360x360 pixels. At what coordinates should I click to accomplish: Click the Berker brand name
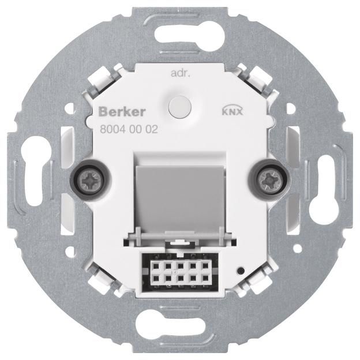(x=122, y=112)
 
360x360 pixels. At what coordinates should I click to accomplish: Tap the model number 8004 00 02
(x=129, y=130)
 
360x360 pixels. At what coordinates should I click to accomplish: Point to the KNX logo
(x=232, y=111)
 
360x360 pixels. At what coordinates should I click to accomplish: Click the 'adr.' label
(x=181, y=74)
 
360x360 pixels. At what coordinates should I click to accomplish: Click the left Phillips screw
(x=90, y=180)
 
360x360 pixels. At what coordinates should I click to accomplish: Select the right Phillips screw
(x=269, y=180)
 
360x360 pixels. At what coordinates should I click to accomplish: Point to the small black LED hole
(x=241, y=271)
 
